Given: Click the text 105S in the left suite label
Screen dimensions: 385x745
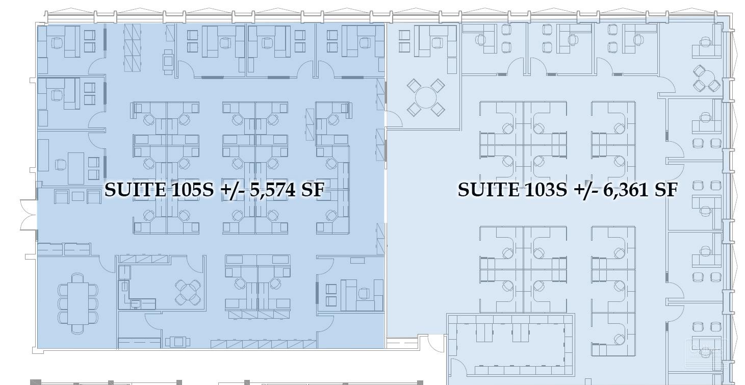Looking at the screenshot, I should [192, 190].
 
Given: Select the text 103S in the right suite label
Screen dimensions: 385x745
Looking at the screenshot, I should [544, 190].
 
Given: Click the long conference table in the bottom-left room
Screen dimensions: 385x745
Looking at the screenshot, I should [78, 303].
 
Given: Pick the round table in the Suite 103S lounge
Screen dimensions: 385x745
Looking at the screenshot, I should [426, 97].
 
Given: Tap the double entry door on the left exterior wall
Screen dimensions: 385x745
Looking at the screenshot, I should [29, 215].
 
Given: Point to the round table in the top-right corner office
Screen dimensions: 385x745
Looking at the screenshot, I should [706, 80].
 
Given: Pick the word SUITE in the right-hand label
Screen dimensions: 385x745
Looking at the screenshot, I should [487, 190].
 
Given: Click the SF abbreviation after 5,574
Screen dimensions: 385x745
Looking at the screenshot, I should [312, 190].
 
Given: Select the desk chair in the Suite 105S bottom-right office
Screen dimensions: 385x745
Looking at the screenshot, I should [364, 293].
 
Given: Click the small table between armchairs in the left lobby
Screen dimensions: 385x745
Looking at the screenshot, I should [78, 196].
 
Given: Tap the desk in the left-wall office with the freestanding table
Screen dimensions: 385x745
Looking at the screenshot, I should [75, 167].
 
